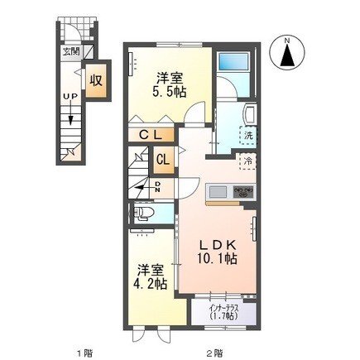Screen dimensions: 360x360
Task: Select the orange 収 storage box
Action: [97, 82]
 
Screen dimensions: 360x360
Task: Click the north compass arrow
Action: [287, 57]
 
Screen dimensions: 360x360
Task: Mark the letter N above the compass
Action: [287, 40]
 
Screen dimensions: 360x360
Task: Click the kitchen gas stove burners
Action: [242, 192]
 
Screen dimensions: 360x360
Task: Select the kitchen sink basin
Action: [218, 193]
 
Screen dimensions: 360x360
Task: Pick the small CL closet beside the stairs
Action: [161, 159]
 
